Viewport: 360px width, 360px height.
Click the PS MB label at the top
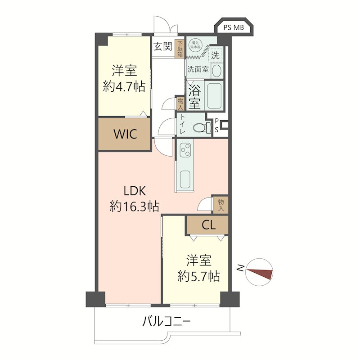tap(234, 28)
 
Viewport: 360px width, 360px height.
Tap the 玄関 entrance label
tap(163, 47)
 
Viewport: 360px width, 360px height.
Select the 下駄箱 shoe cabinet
tap(180, 49)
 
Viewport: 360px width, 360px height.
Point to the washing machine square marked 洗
tap(216, 55)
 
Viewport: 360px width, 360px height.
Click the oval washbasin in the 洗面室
tap(216, 71)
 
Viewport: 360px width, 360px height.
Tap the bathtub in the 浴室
tap(214, 95)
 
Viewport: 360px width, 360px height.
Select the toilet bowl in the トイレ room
tap(202, 128)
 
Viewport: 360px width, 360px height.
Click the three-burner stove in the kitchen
tap(185, 150)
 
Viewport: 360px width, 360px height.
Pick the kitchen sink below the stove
tap(185, 179)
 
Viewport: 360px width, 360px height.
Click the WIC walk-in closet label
tap(126, 134)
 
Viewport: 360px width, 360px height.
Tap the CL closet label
tap(208, 225)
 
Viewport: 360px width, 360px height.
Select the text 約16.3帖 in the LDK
tap(134, 206)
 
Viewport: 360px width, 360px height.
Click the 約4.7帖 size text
tap(124, 86)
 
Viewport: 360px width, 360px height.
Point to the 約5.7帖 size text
tap(199, 276)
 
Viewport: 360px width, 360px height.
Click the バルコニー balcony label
tap(166, 321)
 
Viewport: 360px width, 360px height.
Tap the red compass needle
tap(260, 273)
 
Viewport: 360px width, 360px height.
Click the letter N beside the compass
tap(240, 268)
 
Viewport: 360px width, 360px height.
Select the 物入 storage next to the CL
tap(220, 205)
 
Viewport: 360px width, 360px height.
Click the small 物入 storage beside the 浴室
tap(180, 104)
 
